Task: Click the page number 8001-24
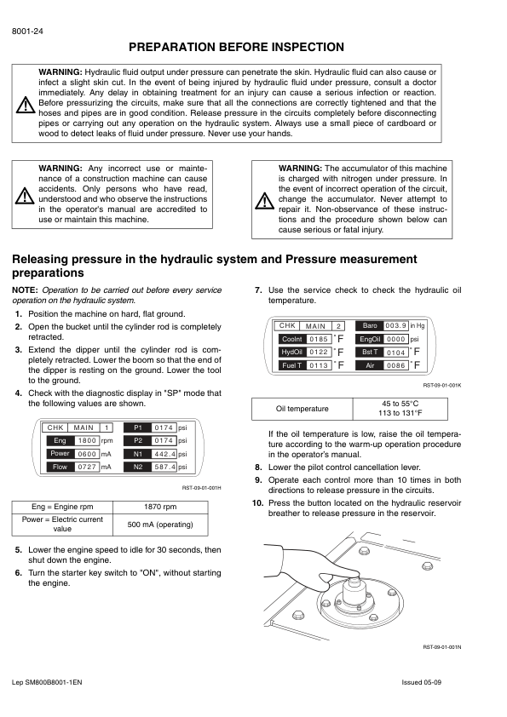tap(27, 32)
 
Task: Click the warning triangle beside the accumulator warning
tap(264, 201)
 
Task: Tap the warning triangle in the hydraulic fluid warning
tap(26, 105)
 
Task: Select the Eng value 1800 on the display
tap(87, 441)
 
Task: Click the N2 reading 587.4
tap(164, 467)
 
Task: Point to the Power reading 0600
tap(87, 454)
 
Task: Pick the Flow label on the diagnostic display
tap(60, 467)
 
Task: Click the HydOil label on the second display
tap(292, 352)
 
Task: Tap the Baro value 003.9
tap(395, 325)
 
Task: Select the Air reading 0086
tap(395, 365)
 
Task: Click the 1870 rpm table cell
tap(160, 507)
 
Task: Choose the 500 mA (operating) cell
tap(160, 525)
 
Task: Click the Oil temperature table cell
tap(302, 409)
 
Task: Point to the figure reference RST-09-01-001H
tap(202, 488)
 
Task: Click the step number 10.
tap(257, 503)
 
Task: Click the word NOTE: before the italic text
tap(25, 290)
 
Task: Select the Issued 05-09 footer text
tap(421, 682)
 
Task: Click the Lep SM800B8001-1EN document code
tap(47, 682)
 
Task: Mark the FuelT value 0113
tap(319, 365)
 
